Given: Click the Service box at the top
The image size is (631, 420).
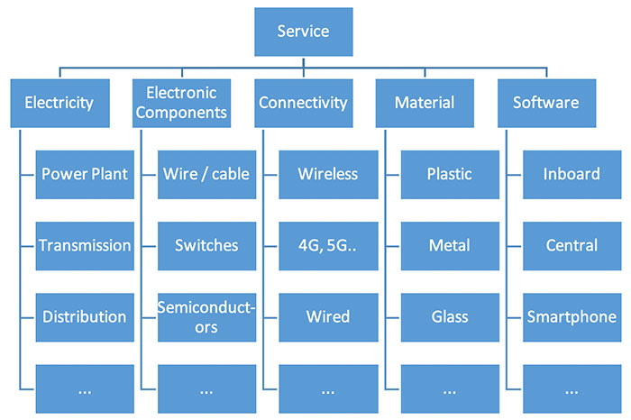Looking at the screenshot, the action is (304, 32).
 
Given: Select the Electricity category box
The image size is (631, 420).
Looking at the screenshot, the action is (60, 104).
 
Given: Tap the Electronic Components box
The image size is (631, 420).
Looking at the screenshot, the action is (181, 104).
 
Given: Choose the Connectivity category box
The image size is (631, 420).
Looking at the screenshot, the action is (304, 104).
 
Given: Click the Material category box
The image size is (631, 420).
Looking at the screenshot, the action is (425, 104).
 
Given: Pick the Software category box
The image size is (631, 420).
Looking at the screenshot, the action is (546, 104).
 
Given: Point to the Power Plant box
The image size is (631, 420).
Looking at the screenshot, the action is (85, 175).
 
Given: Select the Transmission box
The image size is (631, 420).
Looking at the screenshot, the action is (85, 246).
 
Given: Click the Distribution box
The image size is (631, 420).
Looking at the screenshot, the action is (85, 317).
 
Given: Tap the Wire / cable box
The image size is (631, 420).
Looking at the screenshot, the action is (206, 175).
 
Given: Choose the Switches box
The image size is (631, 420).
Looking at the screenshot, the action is (206, 246).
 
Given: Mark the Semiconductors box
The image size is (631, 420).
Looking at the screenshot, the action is (206, 317).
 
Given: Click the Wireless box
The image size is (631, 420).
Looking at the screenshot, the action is (328, 175).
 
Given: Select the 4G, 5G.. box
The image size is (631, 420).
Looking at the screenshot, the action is (328, 246).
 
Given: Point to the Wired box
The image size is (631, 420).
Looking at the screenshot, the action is (328, 317).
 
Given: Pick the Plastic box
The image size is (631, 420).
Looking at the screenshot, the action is (450, 175).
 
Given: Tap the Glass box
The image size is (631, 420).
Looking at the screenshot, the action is (450, 317).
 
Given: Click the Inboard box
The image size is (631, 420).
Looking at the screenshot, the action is (572, 175).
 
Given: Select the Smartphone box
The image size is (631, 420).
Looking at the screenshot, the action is (572, 317).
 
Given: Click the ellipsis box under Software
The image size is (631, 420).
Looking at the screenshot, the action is (572, 388).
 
